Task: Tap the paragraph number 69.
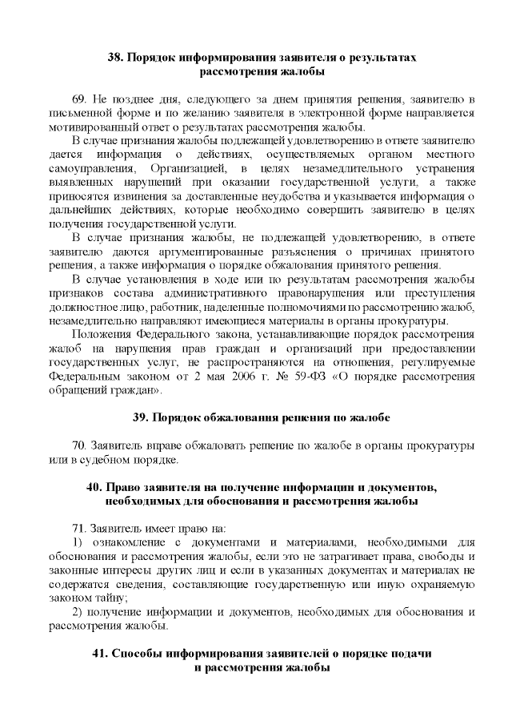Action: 81,100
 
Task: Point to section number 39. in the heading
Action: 140,418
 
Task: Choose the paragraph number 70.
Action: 80,445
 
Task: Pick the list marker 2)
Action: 77,612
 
